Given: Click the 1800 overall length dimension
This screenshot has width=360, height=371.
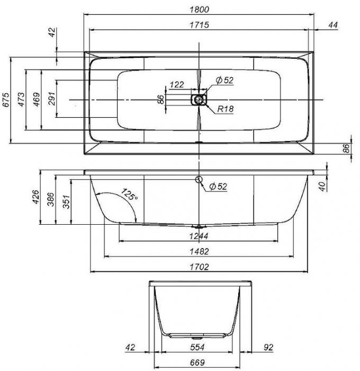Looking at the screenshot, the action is [x=200, y=10].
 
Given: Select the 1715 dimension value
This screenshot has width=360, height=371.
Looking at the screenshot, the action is [x=200, y=25].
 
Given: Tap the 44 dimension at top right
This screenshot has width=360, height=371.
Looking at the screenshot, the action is [x=333, y=25].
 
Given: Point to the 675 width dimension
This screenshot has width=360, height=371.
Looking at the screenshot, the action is [x=6, y=100].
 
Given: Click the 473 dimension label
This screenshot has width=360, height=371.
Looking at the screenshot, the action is [x=21, y=100].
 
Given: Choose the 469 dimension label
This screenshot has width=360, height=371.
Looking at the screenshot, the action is [x=37, y=100].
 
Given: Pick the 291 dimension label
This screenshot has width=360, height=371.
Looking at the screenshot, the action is [x=51, y=99].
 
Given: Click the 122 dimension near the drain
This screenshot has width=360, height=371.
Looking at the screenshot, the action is [x=177, y=84].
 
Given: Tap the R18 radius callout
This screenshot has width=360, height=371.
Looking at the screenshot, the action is [x=226, y=109].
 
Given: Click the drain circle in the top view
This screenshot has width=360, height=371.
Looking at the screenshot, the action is [x=199, y=100].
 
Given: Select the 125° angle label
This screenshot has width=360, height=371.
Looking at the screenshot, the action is [x=129, y=195].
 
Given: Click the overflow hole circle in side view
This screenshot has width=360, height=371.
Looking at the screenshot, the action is [x=199, y=180].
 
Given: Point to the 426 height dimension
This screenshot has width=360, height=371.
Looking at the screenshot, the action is [x=35, y=197].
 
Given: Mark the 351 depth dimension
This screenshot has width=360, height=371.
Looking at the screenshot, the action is [x=67, y=201].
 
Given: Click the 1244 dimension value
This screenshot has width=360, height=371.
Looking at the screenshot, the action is [x=199, y=236].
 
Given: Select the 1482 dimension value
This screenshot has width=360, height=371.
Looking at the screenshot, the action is [x=200, y=251].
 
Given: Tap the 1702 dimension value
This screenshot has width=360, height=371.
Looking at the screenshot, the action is [x=200, y=267].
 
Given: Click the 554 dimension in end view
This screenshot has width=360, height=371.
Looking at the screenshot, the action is [x=197, y=347].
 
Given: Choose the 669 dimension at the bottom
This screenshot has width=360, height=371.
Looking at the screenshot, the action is [x=197, y=362].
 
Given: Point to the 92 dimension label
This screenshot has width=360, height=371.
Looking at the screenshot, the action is [x=268, y=347].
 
